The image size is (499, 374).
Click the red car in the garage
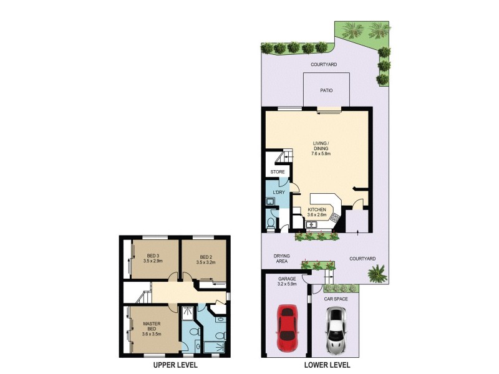(286, 328)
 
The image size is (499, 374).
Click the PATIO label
(326, 90)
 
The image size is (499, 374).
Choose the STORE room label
(277, 172)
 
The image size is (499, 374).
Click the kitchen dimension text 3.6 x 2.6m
(317, 215)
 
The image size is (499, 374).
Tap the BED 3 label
(153, 256)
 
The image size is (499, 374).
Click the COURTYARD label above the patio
(324, 64)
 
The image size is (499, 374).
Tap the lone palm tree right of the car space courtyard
(377, 273)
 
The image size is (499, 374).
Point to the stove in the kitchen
(334, 218)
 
